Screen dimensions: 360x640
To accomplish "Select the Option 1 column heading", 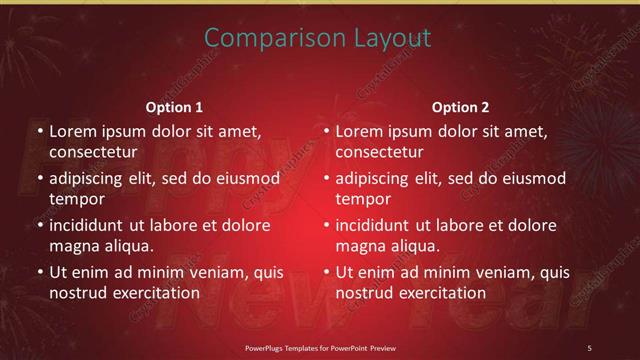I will point(174,107).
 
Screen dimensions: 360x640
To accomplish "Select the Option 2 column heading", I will point(460,107).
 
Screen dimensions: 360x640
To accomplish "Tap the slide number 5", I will point(590,347).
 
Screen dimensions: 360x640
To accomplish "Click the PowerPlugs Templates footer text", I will point(319,347).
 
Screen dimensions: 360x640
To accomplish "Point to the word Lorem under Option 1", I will point(71,131).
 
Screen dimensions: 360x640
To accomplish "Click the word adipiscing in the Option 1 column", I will point(92,178).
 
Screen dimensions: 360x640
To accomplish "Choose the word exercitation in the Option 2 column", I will point(438,293).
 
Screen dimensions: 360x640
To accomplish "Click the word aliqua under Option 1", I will point(128,246).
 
